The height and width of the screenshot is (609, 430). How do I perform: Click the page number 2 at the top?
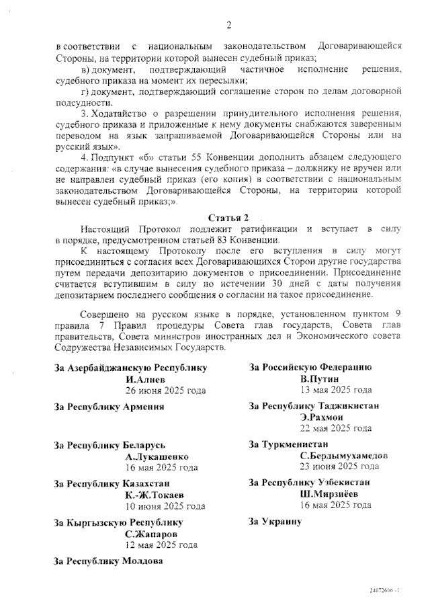point(228,26)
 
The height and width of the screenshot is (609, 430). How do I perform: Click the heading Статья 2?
point(228,218)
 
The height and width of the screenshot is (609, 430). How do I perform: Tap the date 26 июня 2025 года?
point(165,390)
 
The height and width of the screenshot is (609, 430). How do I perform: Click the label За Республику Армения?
point(110,407)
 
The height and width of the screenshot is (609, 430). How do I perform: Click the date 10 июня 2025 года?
point(165,506)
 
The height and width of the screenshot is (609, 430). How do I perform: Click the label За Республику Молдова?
point(109,561)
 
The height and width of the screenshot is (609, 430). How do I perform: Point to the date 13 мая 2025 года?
point(336,390)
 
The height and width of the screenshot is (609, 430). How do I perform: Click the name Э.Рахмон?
point(324,417)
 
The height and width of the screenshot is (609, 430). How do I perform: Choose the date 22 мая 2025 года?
point(336,428)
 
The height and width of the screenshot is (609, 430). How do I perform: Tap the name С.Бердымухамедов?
point(343,455)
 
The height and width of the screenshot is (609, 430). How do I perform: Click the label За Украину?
point(275,521)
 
